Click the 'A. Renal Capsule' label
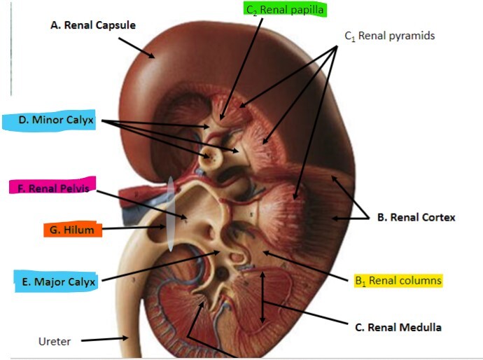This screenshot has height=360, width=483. pyautogui.click(x=93, y=25)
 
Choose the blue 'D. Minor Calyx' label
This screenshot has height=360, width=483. pyautogui.click(x=52, y=120)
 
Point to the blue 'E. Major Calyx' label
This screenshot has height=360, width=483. pyautogui.click(x=56, y=282)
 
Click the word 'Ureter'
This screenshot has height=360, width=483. pyautogui.click(x=54, y=341)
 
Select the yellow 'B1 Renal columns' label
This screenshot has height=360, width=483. pyautogui.click(x=398, y=281)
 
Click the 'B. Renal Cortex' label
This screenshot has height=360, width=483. pyautogui.click(x=416, y=217)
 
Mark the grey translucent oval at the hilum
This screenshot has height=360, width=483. pyautogui.click(x=170, y=214)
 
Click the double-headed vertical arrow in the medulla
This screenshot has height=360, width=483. pyautogui.click(x=262, y=297)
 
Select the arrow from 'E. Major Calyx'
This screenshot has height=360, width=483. pyautogui.click(x=161, y=267)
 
